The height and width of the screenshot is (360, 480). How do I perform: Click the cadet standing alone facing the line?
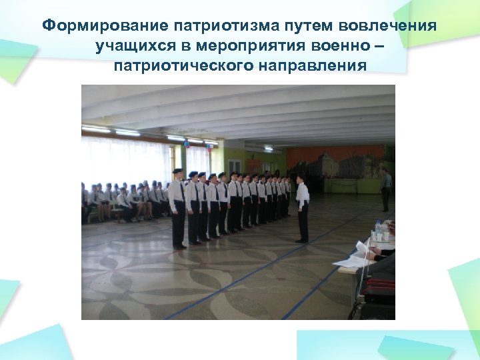pyautogui.click(x=302, y=207)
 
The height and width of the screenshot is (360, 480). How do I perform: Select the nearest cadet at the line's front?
pyautogui.click(x=177, y=208)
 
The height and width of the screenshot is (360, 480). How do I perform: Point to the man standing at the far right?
pyautogui.click(x=385, y=188)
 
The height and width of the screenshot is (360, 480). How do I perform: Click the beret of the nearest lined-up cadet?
pyautogui.click(x=177, y=171)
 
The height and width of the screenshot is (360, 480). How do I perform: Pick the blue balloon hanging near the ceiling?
pyautogui.click(x=187, y=142)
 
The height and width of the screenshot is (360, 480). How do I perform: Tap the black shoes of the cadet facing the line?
pyautogui.click(x=303, y=241)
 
